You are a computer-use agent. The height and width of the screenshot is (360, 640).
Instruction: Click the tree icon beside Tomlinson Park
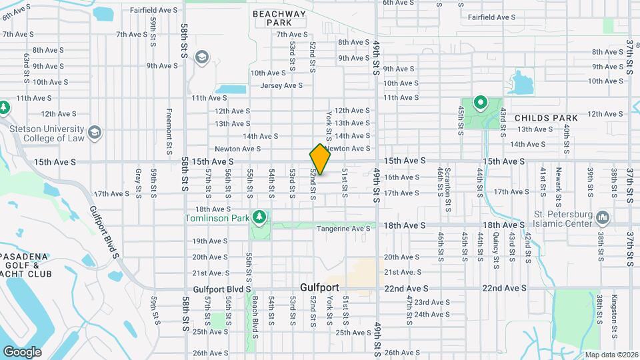coord(259,217)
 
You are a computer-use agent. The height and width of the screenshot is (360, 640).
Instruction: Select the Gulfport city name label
coord(319,287)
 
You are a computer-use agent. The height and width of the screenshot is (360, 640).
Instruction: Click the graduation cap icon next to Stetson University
coord(95,132)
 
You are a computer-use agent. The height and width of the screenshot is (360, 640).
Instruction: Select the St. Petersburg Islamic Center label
coord(563,219)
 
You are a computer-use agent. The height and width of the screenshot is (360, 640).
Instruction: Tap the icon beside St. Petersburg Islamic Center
coord(603,217)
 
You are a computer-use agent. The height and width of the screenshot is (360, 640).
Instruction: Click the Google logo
coord(22,351)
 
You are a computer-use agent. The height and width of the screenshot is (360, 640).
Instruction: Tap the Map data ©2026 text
coord(611,355)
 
